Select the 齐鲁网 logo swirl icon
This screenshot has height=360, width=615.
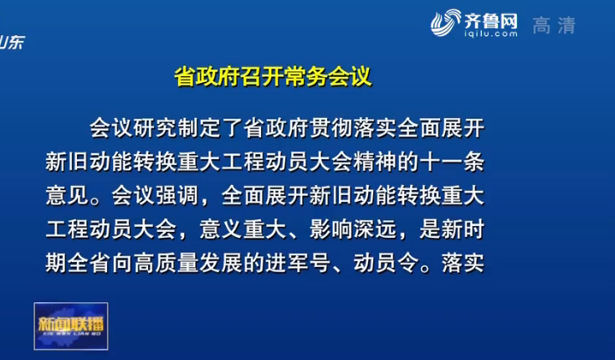(x=445, y=23)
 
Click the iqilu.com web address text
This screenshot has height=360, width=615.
(x=490, y=33)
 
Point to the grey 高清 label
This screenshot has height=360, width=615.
(x=554, y=25)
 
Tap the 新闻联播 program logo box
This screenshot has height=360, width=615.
(x=71, y=326)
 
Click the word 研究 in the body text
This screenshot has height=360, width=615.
(x=156, y=127)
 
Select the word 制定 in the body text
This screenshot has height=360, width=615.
(x=199, y=127)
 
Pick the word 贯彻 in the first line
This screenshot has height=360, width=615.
(x=331, y=127)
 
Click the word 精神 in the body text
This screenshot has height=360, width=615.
(x=375, y=162)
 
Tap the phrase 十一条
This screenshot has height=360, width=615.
(x=452, y=162)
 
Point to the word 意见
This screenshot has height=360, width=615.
(x=67, y=195)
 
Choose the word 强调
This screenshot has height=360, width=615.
(x=177, y=195)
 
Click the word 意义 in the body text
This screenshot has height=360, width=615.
(x=221, y=229)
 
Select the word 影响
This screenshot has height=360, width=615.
(x=331, y=229)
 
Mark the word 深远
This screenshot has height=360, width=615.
(x=375, y=229)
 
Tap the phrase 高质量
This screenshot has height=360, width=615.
(x=167, y=263)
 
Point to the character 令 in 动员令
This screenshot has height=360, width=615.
(x=407, y=263)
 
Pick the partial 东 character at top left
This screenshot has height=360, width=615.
(x=17, y=42)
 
